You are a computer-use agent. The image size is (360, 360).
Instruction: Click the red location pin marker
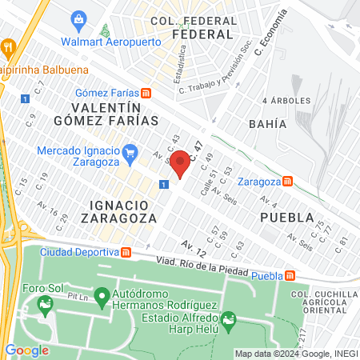(x=180, y=163)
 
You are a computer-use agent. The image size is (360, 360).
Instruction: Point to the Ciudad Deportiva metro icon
(x=126, y=253)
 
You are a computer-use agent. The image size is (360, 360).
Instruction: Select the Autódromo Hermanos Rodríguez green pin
(x=102, y=298)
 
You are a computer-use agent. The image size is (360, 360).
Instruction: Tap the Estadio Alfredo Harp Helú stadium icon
(x=230, y=322)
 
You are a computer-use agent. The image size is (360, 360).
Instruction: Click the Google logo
(x=26, y=350)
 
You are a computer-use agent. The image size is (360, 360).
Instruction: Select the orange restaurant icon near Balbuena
(x=8, y=46)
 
